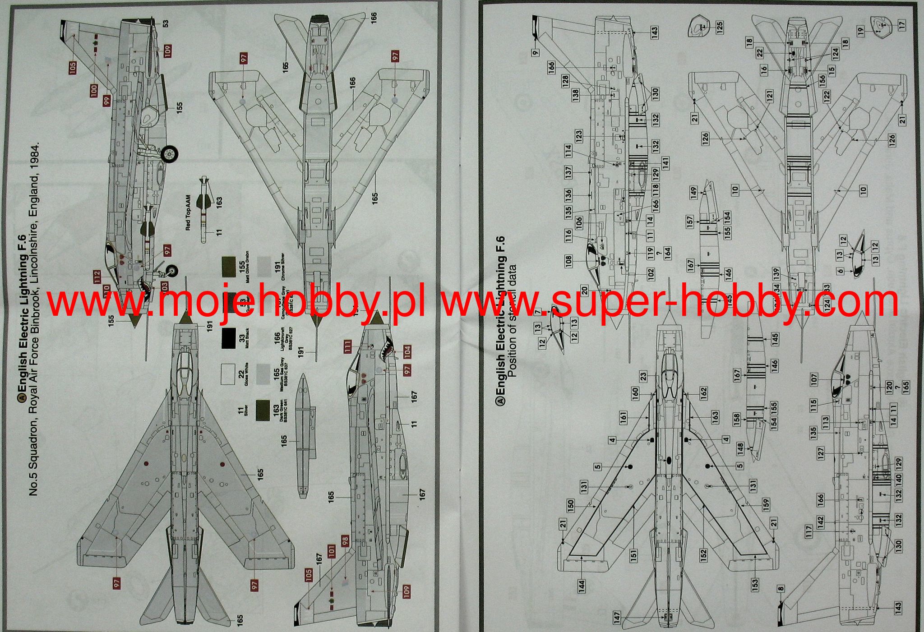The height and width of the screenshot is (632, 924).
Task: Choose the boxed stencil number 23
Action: point(643,375)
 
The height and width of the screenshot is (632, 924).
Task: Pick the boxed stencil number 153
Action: point(755,585)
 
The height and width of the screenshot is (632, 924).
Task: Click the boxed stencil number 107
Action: point(814,379)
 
